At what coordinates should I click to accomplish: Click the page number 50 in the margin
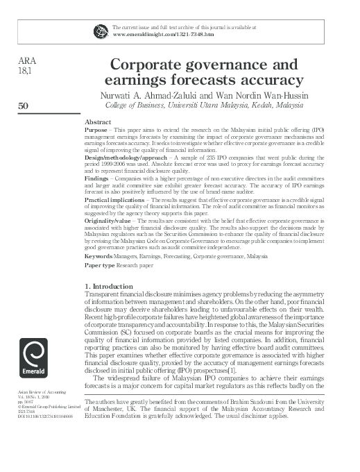(22, 106)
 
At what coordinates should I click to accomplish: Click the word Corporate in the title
(151, 66)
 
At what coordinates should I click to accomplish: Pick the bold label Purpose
(96, 130)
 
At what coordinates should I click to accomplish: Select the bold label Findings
(96, 178)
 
